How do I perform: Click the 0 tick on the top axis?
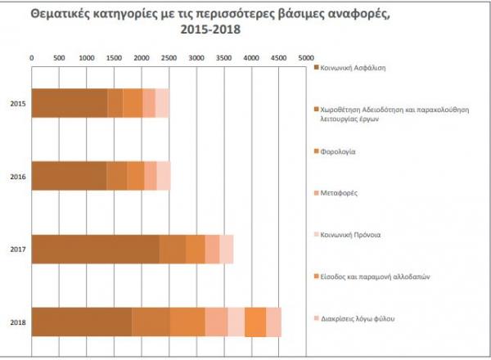coord(32,58)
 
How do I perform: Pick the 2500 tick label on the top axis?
coord(168,58)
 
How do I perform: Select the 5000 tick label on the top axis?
coord(304,58)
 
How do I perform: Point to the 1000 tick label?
coord(86,58)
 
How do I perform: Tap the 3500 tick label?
coord(223,58)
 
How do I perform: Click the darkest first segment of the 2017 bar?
coord(95,249)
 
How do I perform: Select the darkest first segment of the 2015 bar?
coord(70,104)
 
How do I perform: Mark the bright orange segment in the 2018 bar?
coord(255,322)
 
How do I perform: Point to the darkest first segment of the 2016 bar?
coord(69,176)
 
